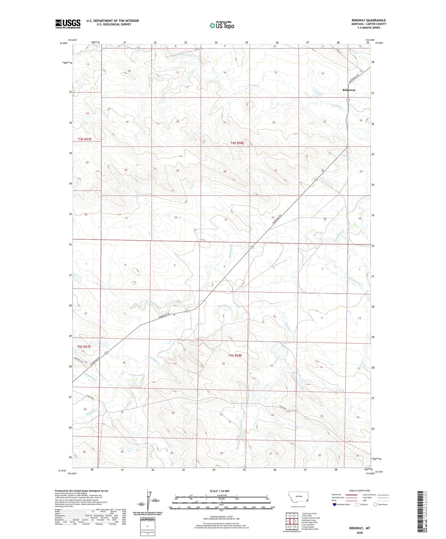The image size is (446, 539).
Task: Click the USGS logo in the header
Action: [x=68, y=24]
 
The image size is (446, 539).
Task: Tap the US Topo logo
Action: [x=222, y=26]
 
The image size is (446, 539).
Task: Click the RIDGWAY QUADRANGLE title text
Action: [x=368, y=20]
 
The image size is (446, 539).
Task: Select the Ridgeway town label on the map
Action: [x=349, y=90]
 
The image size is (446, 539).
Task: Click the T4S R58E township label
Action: [x=237, y=143]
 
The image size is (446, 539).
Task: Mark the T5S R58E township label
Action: [x=235, y=356]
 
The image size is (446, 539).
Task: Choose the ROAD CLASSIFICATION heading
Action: [x=359, y=491]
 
